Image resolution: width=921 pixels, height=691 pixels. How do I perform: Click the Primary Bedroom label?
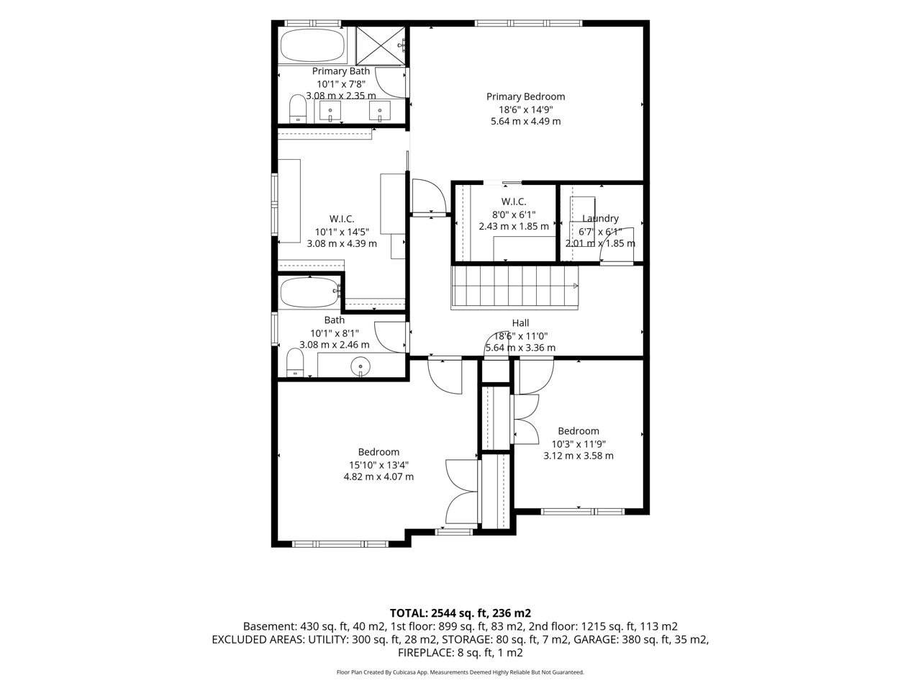525,96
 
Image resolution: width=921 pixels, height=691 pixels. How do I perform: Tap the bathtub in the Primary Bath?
312,45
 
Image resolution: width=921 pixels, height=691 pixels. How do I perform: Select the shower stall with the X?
381,46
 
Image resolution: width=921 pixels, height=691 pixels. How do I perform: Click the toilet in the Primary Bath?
298,108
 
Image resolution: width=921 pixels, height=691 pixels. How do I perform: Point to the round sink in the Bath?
360,366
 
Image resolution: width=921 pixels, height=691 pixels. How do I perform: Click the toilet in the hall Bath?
295,363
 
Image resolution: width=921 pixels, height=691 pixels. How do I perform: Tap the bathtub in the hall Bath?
309,292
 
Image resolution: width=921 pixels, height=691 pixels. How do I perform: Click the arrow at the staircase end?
576,286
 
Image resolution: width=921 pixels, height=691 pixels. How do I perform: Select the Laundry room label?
600,218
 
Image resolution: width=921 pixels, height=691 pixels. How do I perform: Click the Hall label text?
520,322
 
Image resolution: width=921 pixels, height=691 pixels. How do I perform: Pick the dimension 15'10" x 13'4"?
378,465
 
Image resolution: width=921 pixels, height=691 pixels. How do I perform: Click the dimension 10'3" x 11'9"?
579,444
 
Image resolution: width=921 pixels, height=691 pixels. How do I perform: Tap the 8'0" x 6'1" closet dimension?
514,214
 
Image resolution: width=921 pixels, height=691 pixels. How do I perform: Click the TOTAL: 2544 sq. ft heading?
460,613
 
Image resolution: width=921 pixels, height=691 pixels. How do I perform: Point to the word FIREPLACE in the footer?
425,653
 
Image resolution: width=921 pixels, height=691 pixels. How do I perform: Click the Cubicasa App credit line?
460,672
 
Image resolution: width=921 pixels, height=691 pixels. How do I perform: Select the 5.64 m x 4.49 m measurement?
525,121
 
